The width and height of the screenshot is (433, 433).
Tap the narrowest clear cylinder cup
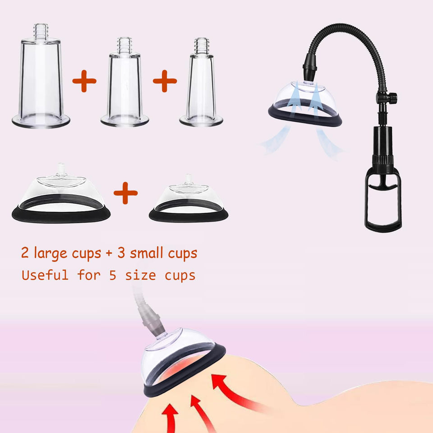pos(201,88)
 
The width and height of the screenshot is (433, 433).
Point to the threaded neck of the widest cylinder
pos(41,31)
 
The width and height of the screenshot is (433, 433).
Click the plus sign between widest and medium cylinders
pos(84,81)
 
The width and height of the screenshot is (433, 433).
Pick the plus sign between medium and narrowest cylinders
pos(165,81)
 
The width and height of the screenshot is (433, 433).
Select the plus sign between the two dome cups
pos(125,194)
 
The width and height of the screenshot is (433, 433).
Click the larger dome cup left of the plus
pos(61,196)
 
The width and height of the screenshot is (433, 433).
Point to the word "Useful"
pos(45,275)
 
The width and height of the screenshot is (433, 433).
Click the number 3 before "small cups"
pos(121,253)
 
